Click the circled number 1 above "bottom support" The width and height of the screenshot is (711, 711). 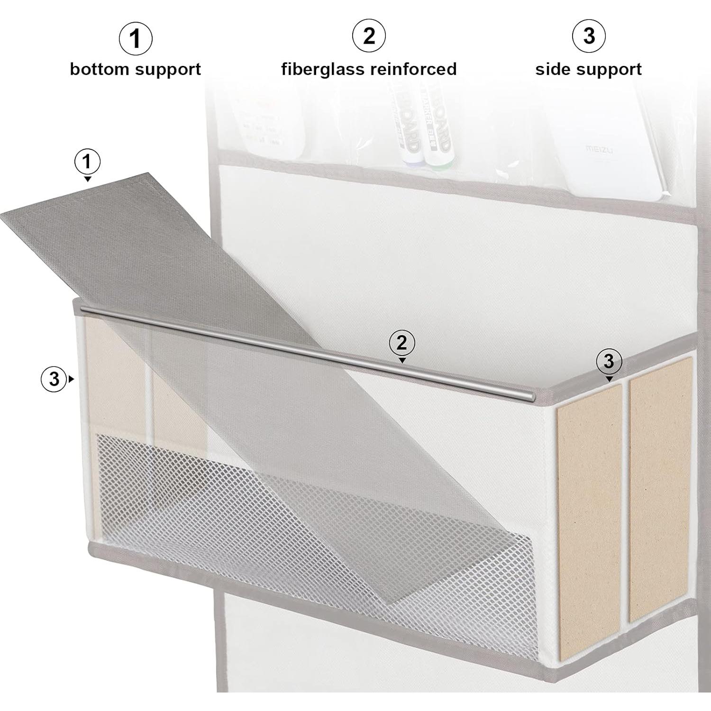pos(136,38)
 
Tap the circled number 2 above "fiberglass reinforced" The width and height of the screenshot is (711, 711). pos(369,36)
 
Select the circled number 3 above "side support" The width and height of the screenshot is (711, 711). pos(589,36)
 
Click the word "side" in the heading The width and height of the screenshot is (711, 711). pos(552,69)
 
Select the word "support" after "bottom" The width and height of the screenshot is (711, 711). pos(168,70)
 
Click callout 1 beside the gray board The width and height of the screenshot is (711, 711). pos(87,162)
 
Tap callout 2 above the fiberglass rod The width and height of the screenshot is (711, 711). pos(402,342)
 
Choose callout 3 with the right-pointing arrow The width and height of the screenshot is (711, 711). pos(54,379)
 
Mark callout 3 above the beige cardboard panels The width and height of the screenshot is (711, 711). pos(609,361)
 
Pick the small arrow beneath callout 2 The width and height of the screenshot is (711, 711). pos(402,361)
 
